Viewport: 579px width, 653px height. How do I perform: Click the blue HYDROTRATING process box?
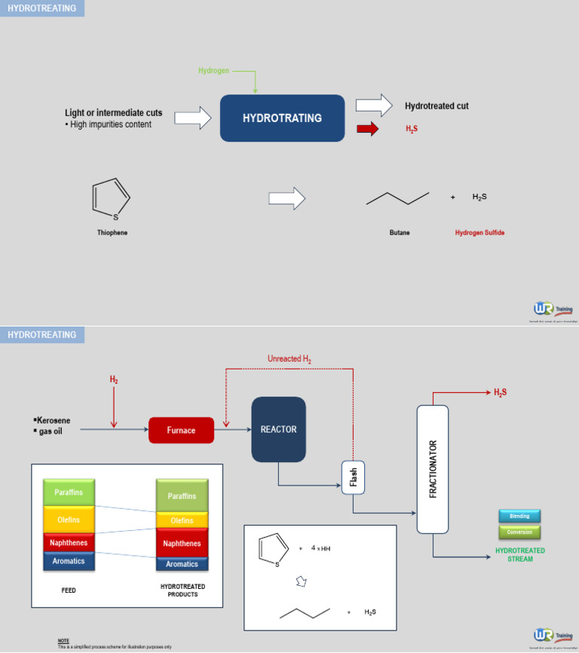coord(282,118)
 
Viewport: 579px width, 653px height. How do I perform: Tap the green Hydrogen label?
coord(213,71)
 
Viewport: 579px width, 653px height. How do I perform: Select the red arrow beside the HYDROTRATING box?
coord(367,130)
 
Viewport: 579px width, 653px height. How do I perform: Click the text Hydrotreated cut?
coord(437,106)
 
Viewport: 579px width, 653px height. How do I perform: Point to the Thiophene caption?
coord(112,233)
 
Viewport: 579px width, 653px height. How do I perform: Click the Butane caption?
coord(400,233)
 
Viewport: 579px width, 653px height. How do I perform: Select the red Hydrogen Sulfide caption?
coord(479,233)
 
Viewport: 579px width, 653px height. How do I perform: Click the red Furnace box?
coord(181,431)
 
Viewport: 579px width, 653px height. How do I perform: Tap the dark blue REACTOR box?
coord(278,430)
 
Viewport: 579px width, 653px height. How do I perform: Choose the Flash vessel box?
coord(353,477)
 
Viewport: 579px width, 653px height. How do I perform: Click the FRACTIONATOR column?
coord(433,469)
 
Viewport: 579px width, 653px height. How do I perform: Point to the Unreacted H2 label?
coord(289,360)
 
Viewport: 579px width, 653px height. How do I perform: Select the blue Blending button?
coord(519,517)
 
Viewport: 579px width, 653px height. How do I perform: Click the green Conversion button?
coord(519,532)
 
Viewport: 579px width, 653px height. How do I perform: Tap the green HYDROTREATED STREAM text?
coord(519,555)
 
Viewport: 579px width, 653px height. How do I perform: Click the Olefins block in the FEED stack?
coord(69,520)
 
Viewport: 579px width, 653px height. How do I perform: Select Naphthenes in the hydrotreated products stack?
coord(182,543)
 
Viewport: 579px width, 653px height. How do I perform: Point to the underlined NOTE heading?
coord(63,641)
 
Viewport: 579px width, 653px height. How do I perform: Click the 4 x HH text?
coord(320,548)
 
